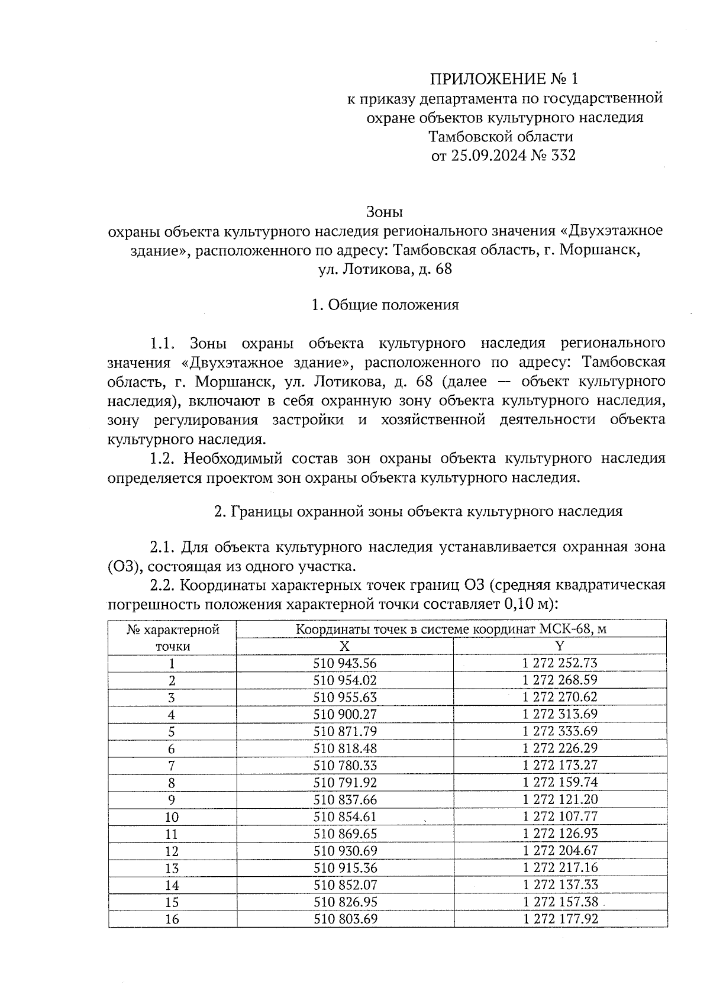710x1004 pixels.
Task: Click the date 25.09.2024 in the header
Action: coord(487,156)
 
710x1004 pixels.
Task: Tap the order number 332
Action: coord(563,156)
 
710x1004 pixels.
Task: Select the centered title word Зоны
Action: coord(385,211)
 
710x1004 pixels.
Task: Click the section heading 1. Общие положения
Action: coord(385,305)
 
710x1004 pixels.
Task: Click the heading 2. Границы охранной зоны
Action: coord(418,511)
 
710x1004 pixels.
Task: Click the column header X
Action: coord(345,645)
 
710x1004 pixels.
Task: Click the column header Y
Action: coord(560,645)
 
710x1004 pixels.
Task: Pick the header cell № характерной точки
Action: coord(172,637)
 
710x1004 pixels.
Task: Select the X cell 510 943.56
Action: coord(345,663)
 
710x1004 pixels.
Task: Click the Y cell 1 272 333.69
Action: coord(560,731)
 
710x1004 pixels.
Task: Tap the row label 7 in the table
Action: coord(172,766)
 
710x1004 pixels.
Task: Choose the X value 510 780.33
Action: coord(345,766)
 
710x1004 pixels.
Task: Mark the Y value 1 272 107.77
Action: coord(560,816)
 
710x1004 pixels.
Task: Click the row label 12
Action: coord(172,851)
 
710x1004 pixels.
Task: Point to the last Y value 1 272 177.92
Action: coord(560,919)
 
